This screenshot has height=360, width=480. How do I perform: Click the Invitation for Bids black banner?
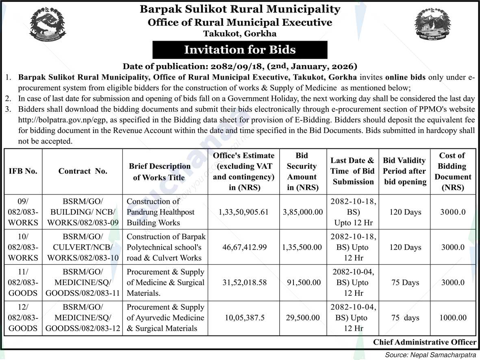tap(240, 50)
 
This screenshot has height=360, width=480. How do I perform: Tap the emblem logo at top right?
tap(432, 25)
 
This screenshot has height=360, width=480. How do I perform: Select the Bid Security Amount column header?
tap(302, 171)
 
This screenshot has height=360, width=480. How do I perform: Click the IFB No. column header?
tap(23, 171)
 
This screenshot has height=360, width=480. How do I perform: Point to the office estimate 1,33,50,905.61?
tap(243, 212)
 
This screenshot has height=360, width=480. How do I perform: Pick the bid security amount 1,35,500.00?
tap(302, 247)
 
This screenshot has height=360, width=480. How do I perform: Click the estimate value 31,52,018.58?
tap(243, 282)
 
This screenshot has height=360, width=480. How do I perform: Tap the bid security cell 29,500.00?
tap(302, 318)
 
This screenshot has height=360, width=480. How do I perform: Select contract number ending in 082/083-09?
tap(83, 212)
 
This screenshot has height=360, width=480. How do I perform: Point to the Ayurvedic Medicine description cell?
tap(165, 318)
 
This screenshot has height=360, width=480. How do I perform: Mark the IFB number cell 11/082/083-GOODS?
tap(23, 282)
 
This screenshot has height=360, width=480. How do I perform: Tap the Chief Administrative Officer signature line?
tap(424, 342)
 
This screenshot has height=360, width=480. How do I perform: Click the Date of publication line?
tap(240, 66)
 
